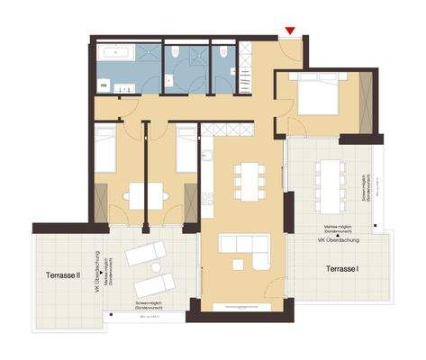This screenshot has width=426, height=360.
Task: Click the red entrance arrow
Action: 289,32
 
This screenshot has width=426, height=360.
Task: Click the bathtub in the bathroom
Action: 117,53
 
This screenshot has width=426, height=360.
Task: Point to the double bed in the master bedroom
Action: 317,94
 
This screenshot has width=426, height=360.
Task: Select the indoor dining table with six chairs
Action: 248,179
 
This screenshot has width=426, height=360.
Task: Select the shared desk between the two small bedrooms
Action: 145,193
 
